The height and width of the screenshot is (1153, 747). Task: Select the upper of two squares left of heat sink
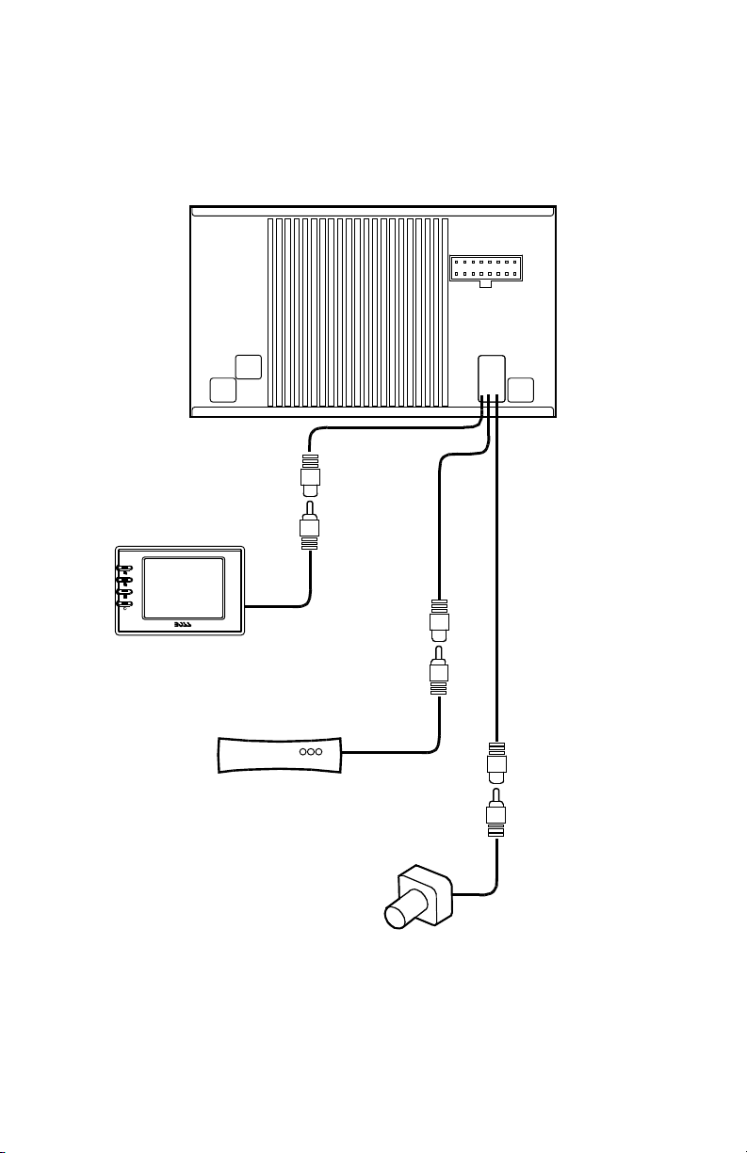[x=249, y=368]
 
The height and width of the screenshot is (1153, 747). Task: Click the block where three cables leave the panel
[x=492, y=376]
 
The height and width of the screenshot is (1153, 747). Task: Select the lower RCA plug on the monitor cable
[x=310, y=532]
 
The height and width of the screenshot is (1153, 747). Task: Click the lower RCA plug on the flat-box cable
[x=440, y=674]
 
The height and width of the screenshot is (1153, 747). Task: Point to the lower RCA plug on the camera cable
[x=496, y=815]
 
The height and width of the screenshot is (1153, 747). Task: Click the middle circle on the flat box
[x=312, y=752]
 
